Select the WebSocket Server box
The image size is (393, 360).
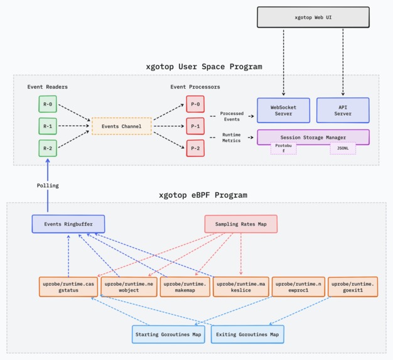pyautogui.click(x=284, y=110)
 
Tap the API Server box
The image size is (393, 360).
pyautogui.click(x=342, y=110)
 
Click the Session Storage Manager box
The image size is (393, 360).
pyautogui.click(x=313, y=136)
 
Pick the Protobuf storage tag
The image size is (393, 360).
pyautogui.click(x=283, y=148)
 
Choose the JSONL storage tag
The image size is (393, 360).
pyautogui.click(x=343, y=148)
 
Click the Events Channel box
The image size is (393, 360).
pyautogui.click(x=121, y=126)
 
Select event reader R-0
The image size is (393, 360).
pyautogui.click(x=48, y=104)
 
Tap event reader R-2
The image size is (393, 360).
pyautogui.click(x=48, y=148)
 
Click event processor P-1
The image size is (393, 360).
pyautogui.click(x=195, y=126)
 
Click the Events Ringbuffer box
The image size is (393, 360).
pyautogui.click(x=68, y=224)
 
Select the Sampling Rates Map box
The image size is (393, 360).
pyautogui.click(x=241, y=224)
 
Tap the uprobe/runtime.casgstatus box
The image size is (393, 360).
pyautogui.click(x=67, y=287)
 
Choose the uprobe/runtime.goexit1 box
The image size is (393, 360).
pyautogui.click(x=353, y=287)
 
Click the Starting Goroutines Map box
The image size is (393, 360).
pyautogui.click(x=169, y=334)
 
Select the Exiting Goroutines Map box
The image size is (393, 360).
pyautogui.click(x=247, y=334)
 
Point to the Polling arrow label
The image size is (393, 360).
pyautogui.click(x=47, y=186)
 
